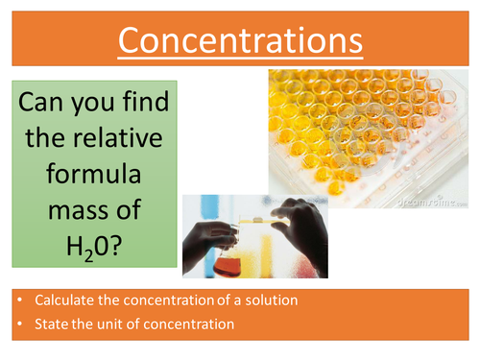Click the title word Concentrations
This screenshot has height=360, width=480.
[240, 39]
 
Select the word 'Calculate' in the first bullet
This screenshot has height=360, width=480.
[63, 300]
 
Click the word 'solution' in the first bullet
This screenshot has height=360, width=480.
[271, 300]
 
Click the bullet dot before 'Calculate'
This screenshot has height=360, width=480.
[20, 300]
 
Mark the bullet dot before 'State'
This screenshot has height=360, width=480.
[20, 325]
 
